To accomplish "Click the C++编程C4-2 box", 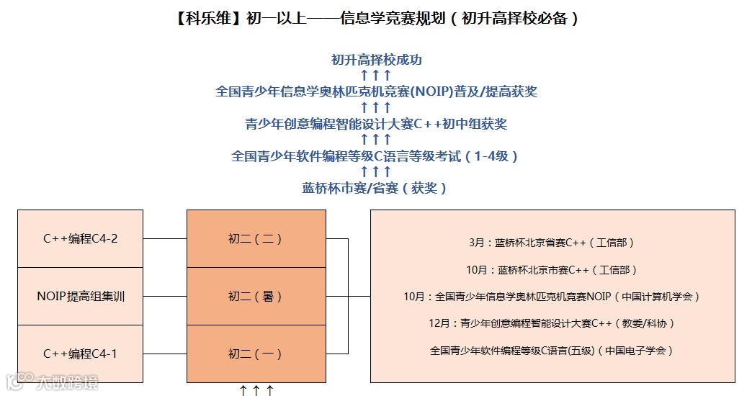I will click(80, 238).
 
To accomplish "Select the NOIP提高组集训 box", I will click(80, 296).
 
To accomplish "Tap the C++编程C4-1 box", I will click(80, 354).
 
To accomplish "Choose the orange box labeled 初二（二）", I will click(255, 238).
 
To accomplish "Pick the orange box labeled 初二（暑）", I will click(255, 296).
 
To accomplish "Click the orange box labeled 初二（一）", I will click(255, 354).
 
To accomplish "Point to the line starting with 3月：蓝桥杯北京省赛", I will click(551, 243).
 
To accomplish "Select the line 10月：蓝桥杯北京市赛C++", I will click(552, 270).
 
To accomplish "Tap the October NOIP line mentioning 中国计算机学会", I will click(552, 296).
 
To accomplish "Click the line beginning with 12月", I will click(552, 323).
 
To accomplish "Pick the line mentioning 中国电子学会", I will click(552, 351).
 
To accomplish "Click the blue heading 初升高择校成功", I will click(376, 60).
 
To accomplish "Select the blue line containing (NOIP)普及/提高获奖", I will click(376, 91).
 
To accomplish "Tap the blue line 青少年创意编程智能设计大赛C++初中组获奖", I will click(376, 124).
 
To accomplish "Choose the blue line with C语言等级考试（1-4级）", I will click(376, 156).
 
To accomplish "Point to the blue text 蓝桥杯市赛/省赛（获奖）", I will click(376, 188).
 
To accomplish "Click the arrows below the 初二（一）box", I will click(256, 390).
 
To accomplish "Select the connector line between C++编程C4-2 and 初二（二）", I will click(165, 238).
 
